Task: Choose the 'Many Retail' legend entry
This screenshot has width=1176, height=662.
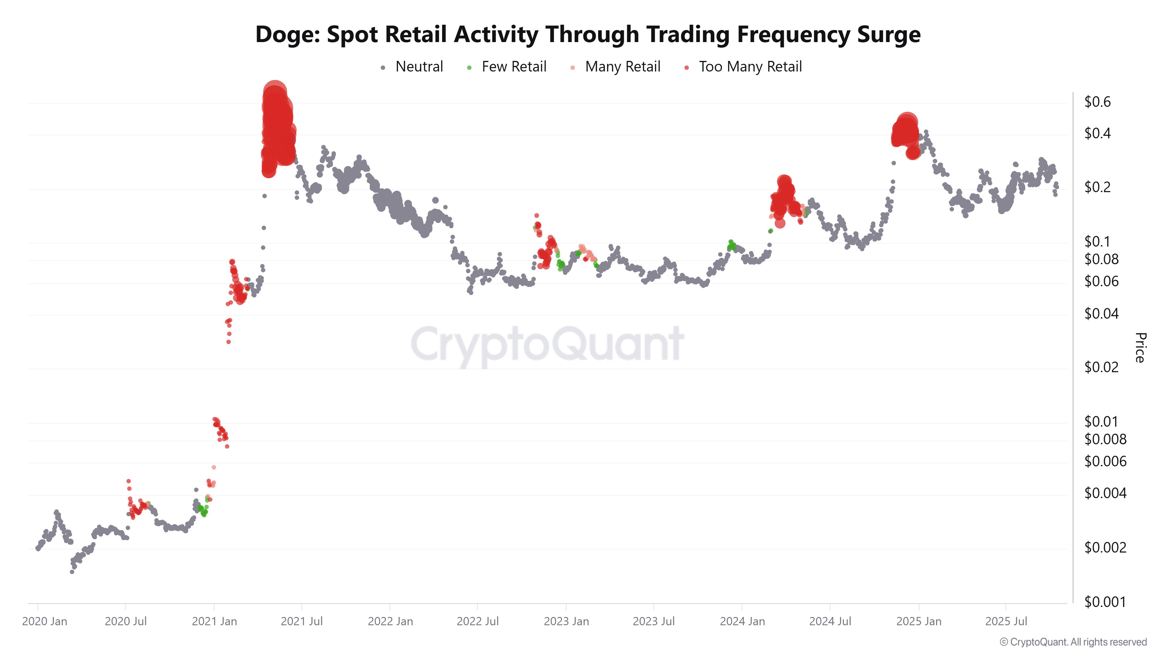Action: coord(622,67)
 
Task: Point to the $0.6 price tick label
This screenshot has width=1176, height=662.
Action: coord(1098,102)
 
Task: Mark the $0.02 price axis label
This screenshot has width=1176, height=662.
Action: coord(1101,367)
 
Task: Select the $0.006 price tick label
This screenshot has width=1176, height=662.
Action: coord(1105,461)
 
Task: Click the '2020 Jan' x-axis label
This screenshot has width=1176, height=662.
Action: coord(45,621)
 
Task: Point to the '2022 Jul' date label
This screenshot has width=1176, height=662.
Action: coord(477,621)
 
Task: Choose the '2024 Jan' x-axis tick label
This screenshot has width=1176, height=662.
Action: coord(742,621)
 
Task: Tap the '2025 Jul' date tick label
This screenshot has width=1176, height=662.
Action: coord(1006,621)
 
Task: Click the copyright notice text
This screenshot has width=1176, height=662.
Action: coord(1073,642)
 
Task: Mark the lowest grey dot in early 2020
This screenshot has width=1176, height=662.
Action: coord(72,572)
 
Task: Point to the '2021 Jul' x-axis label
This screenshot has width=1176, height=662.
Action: coord(301,621)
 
